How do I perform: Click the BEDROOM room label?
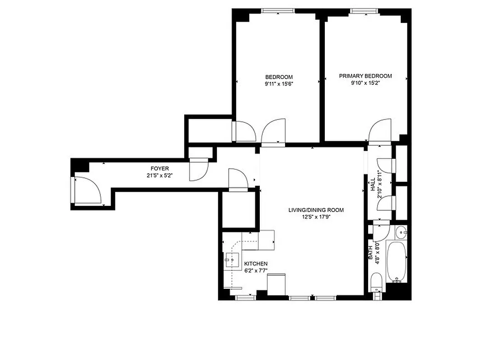point(279,77)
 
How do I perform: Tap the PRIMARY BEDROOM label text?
point(365,76)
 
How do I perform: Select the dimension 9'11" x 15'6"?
point(279,83)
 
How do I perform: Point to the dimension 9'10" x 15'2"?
point(365,83)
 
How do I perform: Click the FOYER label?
point(159,169)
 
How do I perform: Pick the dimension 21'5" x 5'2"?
point(159,176)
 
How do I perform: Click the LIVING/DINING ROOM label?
point(316,210)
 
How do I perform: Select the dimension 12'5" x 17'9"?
point(316,217)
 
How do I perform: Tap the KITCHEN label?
point(256,264)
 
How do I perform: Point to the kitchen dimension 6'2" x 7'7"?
point(256,271)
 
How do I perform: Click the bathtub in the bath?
point(398,262)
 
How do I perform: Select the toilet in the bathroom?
point(376,283)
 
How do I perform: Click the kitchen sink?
point(233,260)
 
